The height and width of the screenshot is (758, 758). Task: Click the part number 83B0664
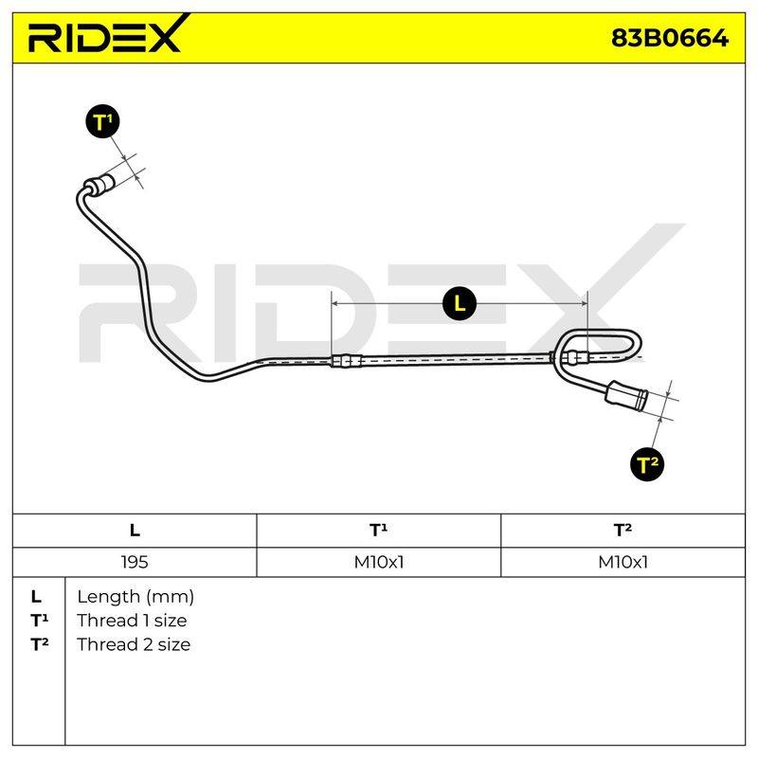(x=670, y=38)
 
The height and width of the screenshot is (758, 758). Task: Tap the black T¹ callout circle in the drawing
(x=102, y=121)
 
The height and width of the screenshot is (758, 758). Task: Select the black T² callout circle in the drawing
(x=647, y=464)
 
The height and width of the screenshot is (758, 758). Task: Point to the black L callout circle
(x=460, y=303)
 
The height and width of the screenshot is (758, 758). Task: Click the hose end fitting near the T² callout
(x=626, y=395)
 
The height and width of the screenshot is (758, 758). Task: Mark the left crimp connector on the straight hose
(x=346, y=361)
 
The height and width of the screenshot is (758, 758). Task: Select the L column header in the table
(x=135, y=531)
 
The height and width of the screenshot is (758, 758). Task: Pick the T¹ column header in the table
(x=378, y=530)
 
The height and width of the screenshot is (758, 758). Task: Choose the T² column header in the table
(x=623, y=530)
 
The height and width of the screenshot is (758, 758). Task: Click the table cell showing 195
(x=135, y=562)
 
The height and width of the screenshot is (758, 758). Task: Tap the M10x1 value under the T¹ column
(x=378, y=562)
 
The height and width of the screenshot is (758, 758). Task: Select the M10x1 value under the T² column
(x=623, y=562)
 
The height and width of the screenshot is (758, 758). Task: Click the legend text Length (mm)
(x=135, y=597)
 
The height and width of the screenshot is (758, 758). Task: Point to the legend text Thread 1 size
(x=132, y=621)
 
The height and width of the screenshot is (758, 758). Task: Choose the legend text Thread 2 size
(x=134, y=644)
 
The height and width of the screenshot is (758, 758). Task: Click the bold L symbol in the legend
(x=36, y=597)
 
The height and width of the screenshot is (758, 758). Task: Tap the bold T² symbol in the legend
(x=40, y=644)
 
